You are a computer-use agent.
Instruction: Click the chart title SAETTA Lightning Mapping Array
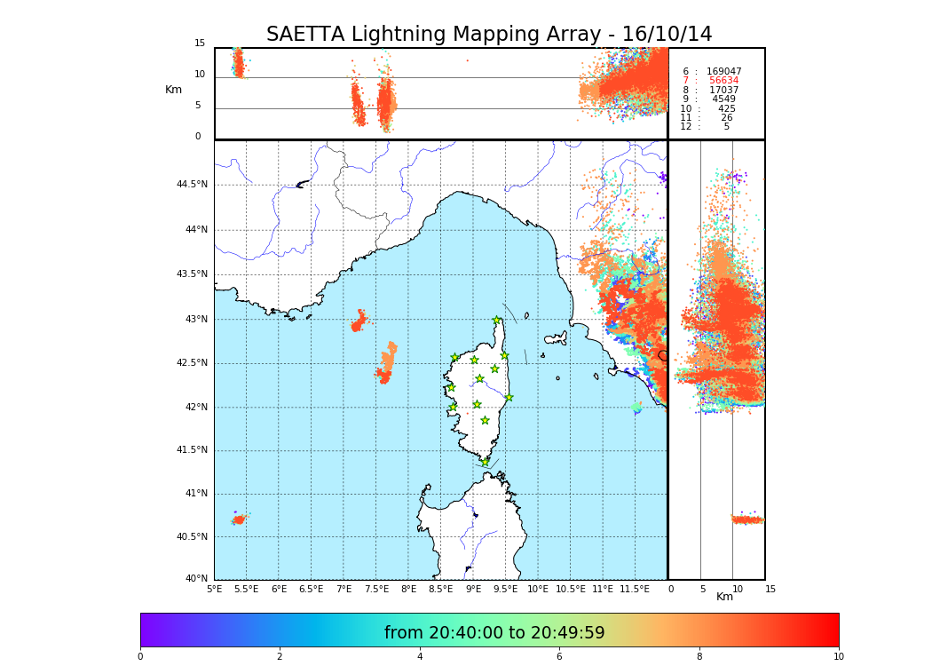coord(489,35)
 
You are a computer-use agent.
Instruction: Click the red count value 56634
coord(723,81)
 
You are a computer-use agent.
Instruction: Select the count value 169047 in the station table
coord(723,72)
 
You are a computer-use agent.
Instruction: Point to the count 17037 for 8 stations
coord(723,91)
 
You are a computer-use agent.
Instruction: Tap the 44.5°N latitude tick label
coord(192,185)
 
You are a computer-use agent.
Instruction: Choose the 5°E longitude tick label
coord(214,589)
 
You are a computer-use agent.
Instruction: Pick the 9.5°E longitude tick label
coord(505,589)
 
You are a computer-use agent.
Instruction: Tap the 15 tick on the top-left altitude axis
coord(200,44)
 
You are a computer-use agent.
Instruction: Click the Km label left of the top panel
coord(173,90)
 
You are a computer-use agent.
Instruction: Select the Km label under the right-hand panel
coord(724,597)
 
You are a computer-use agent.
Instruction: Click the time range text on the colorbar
coord(494,633)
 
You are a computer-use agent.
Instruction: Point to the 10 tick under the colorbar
coord(838,657)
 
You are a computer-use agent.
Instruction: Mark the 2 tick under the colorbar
coord(280,657)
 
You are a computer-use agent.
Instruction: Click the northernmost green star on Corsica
coord(497,321)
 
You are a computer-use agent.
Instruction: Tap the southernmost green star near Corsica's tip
coord(485,462)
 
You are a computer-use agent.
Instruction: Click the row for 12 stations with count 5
coord(705,127)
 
